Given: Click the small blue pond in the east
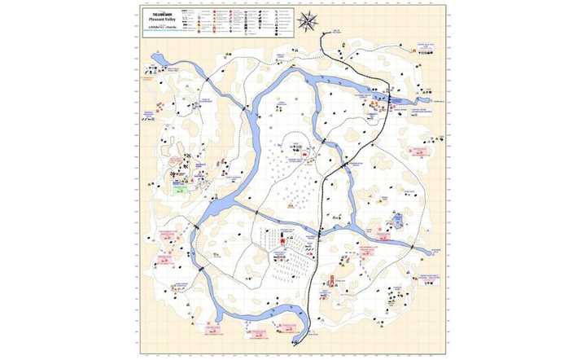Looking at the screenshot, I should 398,220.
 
